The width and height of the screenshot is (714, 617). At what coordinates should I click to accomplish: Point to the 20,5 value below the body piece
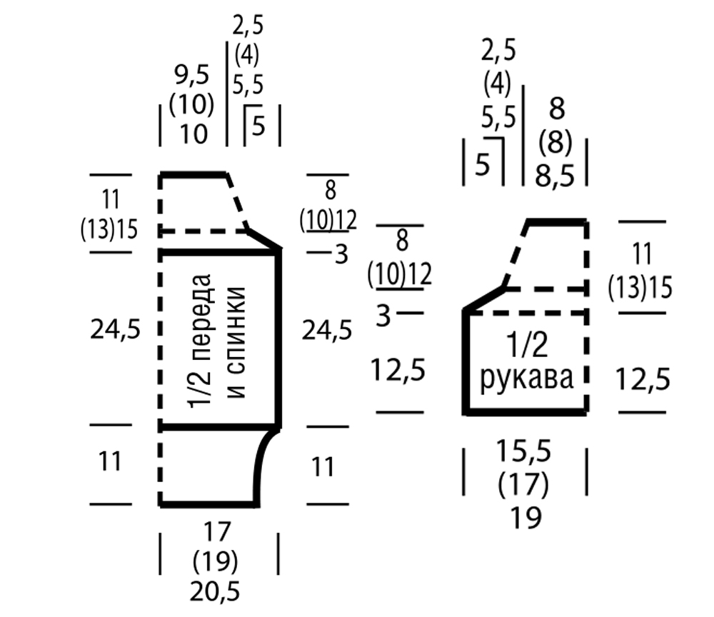coord(216,591)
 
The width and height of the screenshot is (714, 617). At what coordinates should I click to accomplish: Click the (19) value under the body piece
coord(216,561)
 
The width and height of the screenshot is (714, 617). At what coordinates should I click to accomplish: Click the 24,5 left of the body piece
coord(115,329)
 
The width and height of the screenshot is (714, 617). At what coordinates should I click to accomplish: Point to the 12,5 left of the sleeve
coord(398,371)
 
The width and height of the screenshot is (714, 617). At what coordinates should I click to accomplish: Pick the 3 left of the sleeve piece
coord(383,315)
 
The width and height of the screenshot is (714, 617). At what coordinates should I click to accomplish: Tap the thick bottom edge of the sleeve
coord(527,413)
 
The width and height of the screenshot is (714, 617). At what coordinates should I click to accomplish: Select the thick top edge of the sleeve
coord(557,222)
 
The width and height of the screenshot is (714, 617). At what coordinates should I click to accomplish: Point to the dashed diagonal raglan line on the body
coord(237,201)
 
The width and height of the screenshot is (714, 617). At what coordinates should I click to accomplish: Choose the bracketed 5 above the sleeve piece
coord(483,165)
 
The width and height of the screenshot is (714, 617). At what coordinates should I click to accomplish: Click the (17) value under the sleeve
coord(527,486)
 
